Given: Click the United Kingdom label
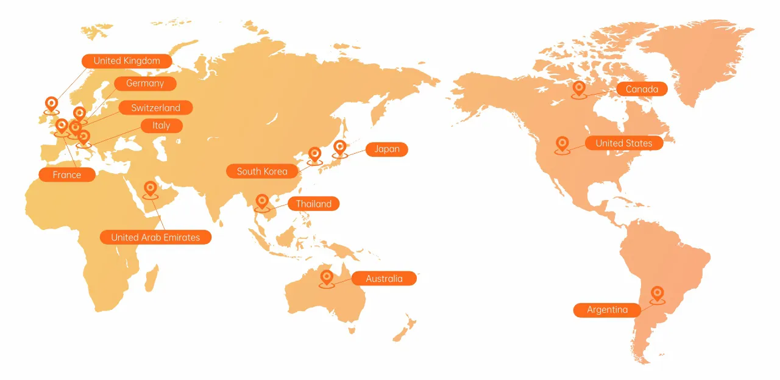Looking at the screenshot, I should click(x=127, y=61).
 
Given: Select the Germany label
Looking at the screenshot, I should click(x=145, y=84).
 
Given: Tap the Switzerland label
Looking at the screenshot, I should click(x=155, y=108).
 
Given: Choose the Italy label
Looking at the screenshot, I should click(x=161, y=126).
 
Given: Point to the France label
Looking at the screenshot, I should click(x=67, y=175).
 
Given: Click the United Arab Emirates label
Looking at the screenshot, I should click(x=155, y=237).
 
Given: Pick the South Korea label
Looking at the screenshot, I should click(x=262, y=171).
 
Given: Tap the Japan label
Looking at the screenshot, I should click(x=387, y=149).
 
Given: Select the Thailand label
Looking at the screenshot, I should click(x=314, y=204).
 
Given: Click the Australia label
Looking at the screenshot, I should click(x=384, y=279).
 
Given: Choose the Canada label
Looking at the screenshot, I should click(x=642, y=90).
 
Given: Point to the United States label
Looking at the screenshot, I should click(x=623, y=143).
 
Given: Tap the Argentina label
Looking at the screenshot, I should click(x=608, y=310).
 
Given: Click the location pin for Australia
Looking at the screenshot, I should click(x=327, y=278).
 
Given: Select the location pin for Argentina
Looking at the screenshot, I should click(x=657, y=294).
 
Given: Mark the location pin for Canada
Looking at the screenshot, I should click(x=579, y=89).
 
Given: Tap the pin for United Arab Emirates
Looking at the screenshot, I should click(x=150, y=188).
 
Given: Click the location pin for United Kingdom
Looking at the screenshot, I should click(x=52, y=104).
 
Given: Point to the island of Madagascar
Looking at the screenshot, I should click(x=151, y=278).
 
